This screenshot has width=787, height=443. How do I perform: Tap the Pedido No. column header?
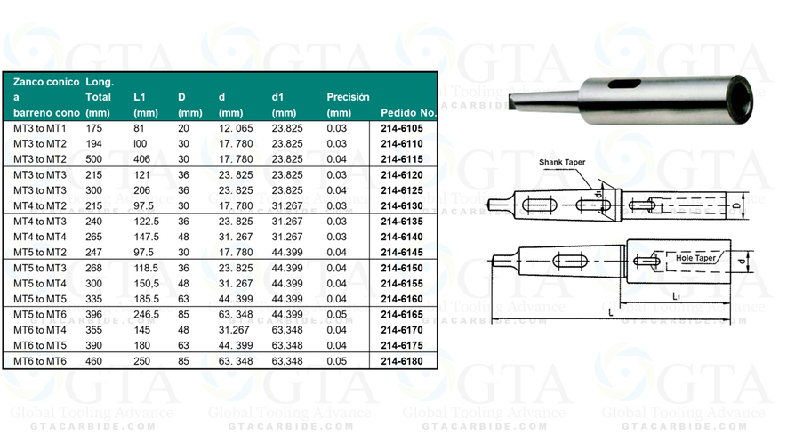(x=408, y=113)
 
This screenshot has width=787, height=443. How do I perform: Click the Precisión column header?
(x=348, y=96)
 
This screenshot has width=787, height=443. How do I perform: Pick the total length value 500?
(x=96, y=158)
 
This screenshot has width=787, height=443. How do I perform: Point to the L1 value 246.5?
(x=147, y=314)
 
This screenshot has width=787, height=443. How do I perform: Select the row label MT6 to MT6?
(x=40, y=361)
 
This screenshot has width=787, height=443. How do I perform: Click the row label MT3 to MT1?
(x=40, y=128)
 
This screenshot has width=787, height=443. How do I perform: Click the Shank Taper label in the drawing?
(x=567, y=163)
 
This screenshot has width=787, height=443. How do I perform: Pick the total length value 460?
(x=96, y=361)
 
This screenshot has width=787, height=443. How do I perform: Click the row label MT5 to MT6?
(x=40, y=314)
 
